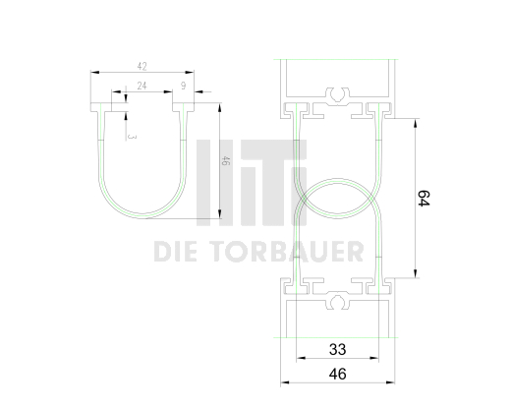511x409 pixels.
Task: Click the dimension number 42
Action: pos(142,66)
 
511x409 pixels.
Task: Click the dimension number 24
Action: pos(142,87)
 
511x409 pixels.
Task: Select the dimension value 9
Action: pos(184,87)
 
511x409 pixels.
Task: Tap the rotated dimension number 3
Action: pos(132,136)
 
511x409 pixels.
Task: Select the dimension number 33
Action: pos(337,349)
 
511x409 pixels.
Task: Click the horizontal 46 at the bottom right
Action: pos(337,374)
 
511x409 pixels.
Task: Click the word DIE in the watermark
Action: pos(179,254)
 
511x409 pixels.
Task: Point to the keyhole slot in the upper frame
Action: pos(338,95)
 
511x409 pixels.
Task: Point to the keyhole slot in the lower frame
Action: pos(338,300)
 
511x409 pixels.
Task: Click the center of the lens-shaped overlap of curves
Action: pos(338,197)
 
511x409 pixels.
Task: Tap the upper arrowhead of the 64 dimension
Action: pos(417,118)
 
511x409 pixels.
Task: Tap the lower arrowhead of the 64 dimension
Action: pos(417,275)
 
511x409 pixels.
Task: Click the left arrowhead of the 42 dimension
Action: pos(92,72)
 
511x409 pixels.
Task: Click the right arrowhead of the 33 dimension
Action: pos(378,358)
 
